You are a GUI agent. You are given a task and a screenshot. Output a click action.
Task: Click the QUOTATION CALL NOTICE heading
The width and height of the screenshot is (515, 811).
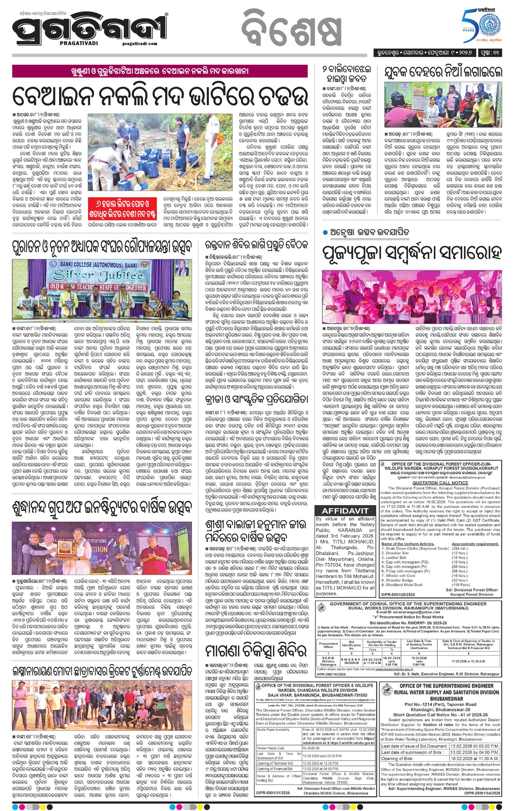pyautogui.click(x=440, y=483)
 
